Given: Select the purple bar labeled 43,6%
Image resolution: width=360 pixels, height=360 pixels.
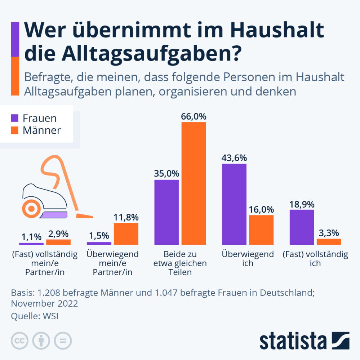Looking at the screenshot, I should [234, 204].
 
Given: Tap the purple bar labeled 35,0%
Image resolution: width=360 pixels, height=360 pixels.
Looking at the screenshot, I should [166, 212].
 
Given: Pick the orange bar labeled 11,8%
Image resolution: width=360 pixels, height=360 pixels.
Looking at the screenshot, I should [126, 234].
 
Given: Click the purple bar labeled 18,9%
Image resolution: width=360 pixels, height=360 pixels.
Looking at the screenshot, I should [302, 227].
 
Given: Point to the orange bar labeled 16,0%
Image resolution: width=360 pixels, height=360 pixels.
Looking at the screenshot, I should [261, 230].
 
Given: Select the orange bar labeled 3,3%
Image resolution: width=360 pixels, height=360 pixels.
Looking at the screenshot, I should [329, 242].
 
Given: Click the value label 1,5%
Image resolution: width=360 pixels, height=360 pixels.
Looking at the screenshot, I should [99, 236].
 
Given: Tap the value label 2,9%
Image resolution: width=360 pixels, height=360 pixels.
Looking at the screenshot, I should [59, 233].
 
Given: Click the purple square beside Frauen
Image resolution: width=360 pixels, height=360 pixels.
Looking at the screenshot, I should [15, 118].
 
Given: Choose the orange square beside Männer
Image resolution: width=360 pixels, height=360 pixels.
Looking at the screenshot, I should [15, 130].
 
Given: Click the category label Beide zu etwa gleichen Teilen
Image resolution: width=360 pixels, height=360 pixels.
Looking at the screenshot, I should [180, 263].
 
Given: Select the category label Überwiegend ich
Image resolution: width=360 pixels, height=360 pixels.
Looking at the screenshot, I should [248, 258].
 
